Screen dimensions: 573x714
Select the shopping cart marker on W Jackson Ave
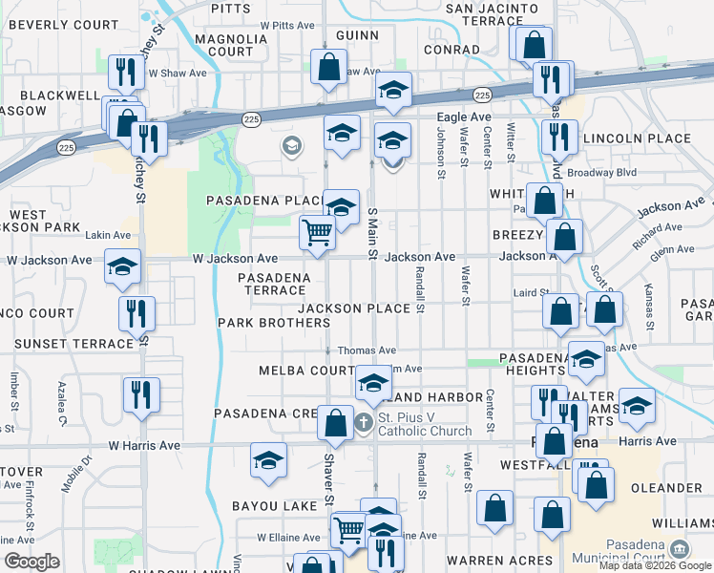317,231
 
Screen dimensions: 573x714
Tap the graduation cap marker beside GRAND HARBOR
373,384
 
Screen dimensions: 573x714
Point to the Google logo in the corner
31,562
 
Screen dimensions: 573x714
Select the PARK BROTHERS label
274,323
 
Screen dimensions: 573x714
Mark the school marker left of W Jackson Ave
122,266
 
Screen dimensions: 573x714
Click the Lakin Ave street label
108,235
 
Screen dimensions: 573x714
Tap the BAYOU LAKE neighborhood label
265,505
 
